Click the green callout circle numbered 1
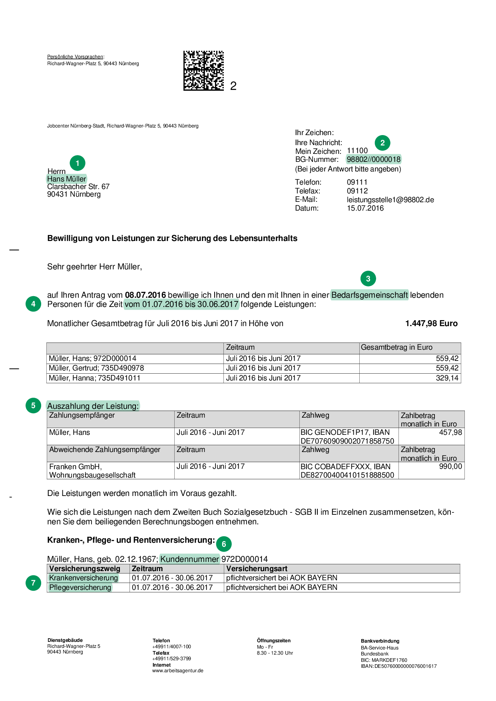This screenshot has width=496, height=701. [x=78, y=163]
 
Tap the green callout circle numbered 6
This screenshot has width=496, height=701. [x=224, y=544]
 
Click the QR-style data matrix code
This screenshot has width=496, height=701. [x=203, y=71]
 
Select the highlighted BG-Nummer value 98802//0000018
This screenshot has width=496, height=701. [x=373, y=159]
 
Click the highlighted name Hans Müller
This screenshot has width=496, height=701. [x=66, y=179]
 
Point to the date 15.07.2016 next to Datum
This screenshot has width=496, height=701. [x=365, y=208]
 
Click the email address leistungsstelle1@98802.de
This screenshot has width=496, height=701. [x=390, y=200]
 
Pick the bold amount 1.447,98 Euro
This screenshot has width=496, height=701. [x=431, y=323]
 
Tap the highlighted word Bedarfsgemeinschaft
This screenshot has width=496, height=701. [x=370, y=295]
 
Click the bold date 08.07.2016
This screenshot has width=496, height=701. [x=145, y=295]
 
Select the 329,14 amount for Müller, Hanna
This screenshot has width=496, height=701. [x=447, y=378]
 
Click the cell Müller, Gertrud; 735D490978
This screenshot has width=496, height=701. [x=96, y=368]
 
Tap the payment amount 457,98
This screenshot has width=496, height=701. [x=450, y=432]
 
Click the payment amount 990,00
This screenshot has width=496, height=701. [x=450, y=466]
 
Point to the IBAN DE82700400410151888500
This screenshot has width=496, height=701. [x=347, y=475]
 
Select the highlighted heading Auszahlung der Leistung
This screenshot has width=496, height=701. [x=93, y=406]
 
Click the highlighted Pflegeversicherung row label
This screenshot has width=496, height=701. [x=80, y=587]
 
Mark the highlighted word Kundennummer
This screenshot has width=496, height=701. [x=189, y=559]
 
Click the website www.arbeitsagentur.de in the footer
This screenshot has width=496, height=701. [x=178, y=671]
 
